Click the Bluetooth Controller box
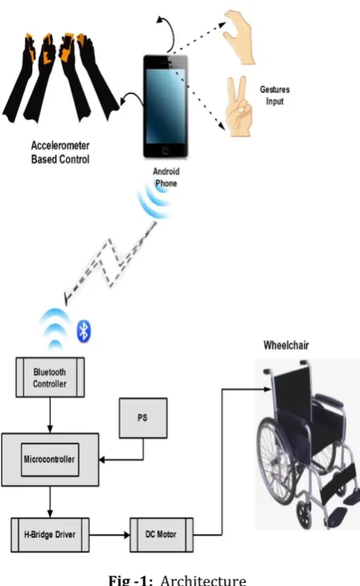(x=50, y=377)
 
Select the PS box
(x=143, y=418)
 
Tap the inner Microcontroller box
(x=50, y=459)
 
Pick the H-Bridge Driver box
(x=50, y=534)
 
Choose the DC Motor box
(x=161, y=534)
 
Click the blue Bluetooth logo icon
(x=84, y=330)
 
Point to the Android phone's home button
(x=165, y=151)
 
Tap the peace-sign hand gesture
(x=238, y=107)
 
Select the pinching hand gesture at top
(x=239, y=36)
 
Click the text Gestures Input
(x=275, y=95)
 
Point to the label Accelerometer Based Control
(x=60, y=152)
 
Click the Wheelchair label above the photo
(x=286, y=345)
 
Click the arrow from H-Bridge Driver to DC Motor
(x=110, y=534)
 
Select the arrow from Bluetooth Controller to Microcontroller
(x=50, y=415)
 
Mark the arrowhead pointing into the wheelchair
(x=267, y=389)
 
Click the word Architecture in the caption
(x=203, y=580)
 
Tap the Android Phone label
(x=166, y=177)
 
